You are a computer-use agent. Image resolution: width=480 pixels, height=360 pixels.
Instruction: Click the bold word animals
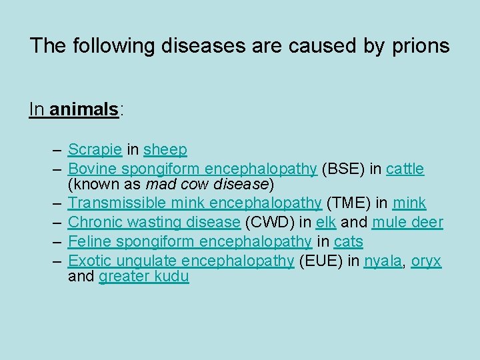(84, 109)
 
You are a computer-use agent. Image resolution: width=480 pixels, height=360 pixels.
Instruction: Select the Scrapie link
(94, 150)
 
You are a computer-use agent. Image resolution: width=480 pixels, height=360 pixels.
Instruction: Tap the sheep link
(165, 150)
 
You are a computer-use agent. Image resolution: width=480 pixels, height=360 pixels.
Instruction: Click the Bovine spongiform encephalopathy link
(192, 169)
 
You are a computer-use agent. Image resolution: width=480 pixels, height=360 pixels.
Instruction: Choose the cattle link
(405, 169)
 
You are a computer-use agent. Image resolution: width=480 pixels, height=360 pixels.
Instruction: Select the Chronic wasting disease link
(154, 222)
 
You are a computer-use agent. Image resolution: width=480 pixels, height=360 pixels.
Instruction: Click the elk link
(325, 222)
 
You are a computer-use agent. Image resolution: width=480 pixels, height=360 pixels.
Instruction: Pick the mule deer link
(407, 222)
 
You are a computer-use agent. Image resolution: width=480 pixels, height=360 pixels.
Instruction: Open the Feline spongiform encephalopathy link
(190, 241)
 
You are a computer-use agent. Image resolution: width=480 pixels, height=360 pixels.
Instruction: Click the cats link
(347, 241)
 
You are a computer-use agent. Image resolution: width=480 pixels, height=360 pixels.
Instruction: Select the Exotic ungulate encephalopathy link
(181, 261)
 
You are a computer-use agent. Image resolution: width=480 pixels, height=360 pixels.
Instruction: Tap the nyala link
(383, 261)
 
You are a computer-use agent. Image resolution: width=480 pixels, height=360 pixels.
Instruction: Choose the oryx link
(425, 261)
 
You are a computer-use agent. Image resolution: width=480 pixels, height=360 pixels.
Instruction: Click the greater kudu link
(143, 277)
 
